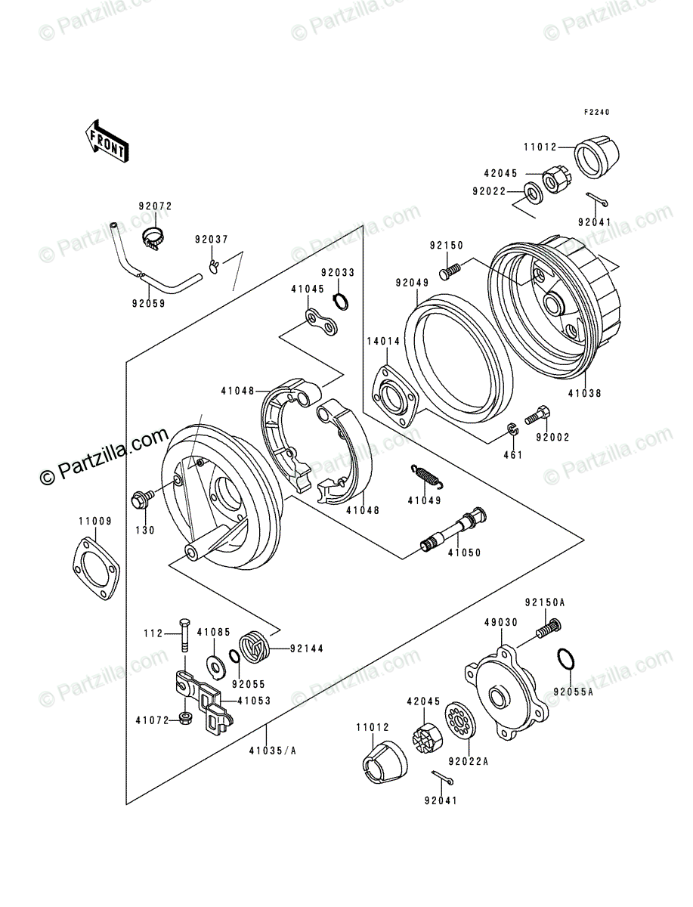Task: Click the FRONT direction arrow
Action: [x=105, y=139]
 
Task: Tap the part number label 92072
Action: [x=155, y=205]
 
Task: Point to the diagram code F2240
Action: [x=596, y=112]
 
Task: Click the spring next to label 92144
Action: [x=252, y=647]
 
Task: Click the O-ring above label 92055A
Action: [x=567, y=658]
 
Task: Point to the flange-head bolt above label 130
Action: [x=141, y=498]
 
